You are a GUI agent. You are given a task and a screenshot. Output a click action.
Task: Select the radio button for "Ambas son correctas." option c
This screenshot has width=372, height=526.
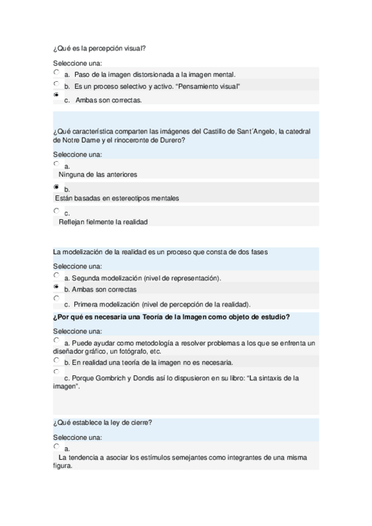(57, 96)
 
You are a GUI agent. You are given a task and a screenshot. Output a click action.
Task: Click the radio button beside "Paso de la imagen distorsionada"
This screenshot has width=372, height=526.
(57, 72)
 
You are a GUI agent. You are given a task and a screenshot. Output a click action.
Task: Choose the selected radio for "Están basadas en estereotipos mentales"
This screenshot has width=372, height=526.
(57, 187)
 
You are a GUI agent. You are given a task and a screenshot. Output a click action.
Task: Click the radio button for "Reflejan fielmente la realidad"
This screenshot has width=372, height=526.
(57, 211)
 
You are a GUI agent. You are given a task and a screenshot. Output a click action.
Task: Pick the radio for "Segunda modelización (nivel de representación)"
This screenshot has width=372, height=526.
(57, 275)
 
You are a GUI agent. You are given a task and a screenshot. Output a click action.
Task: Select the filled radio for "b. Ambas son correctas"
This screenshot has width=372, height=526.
(57, 287)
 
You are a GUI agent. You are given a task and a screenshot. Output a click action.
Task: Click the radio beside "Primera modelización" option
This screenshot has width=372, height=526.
(57, 298)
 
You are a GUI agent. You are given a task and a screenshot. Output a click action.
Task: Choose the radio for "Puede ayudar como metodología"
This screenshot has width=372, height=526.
(57, 340)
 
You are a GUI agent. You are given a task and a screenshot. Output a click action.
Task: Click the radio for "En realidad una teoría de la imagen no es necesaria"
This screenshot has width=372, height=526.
(57, 360)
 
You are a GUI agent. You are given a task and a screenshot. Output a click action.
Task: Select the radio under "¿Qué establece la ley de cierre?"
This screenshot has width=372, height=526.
(57, 446)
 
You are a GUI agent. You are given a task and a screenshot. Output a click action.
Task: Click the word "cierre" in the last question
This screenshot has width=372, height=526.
(142, 423)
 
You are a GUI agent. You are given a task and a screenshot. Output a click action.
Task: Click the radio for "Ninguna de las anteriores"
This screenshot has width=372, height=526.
(57, 164)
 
